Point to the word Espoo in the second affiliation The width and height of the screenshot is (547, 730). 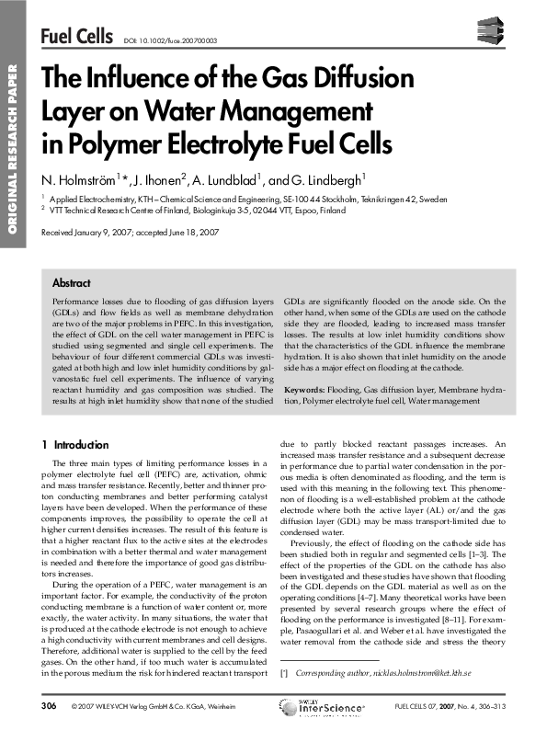point(321,210)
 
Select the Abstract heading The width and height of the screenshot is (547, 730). point(72,283)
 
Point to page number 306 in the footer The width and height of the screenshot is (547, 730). point(50,706)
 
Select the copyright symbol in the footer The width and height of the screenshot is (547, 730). point(74,706)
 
